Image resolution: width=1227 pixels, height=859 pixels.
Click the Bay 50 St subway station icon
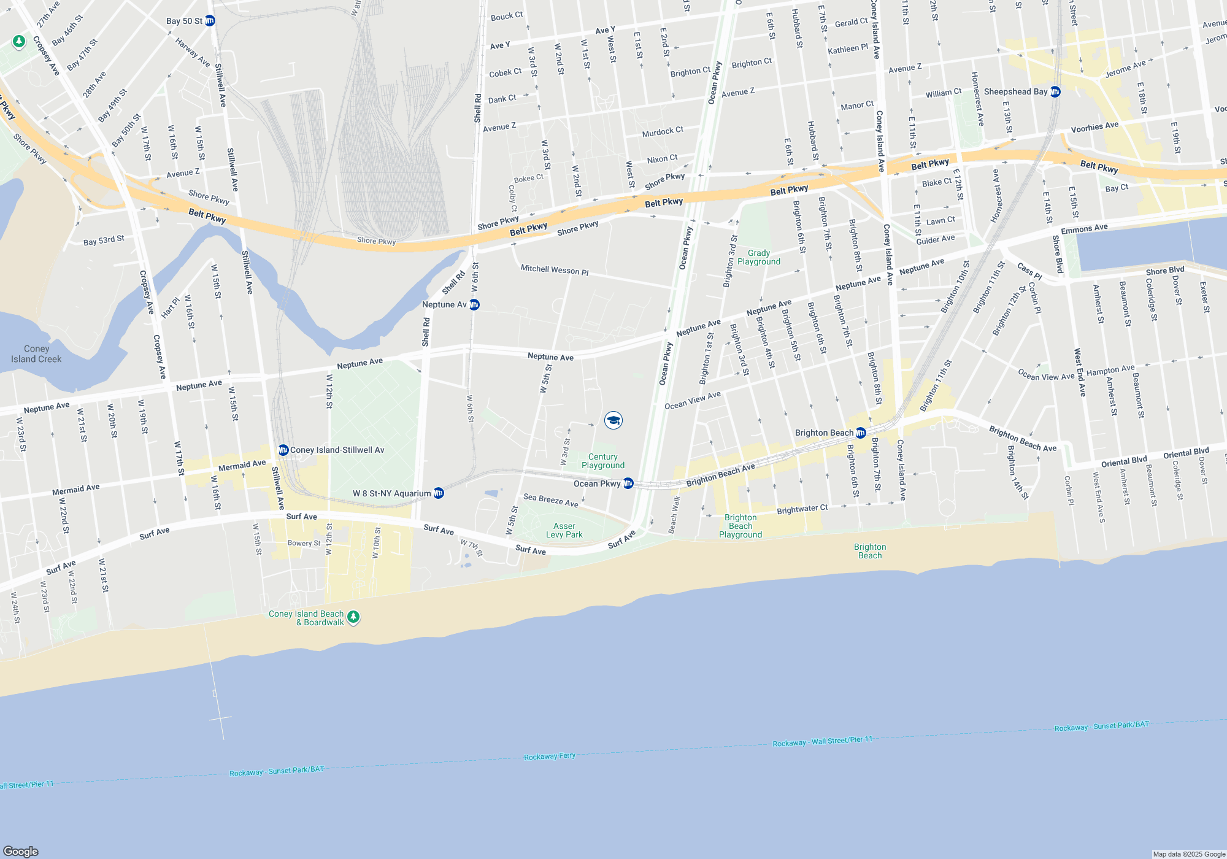[210, 21]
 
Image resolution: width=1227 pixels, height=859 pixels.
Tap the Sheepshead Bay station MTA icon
[1055, 92]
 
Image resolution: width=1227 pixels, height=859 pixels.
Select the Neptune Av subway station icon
[474, 305]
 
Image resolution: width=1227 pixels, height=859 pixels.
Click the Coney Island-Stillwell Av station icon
[283, 450]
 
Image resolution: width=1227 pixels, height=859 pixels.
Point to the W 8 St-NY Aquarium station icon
[439, 493]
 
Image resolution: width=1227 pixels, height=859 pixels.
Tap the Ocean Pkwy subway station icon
[628, 483]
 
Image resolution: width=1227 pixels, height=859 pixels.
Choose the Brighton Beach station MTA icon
[861, 433]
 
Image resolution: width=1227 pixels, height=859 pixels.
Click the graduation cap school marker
[613, 420]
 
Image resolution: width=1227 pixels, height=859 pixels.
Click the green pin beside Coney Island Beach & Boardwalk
[353, 617]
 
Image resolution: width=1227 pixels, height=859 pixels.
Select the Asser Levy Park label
[564, 531]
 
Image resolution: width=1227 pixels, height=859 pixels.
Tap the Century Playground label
[603, 461]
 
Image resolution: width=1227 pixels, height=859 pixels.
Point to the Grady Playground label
[759, 258]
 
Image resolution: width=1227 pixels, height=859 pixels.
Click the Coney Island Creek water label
[36, 354]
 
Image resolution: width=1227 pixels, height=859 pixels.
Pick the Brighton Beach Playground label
[740, 526]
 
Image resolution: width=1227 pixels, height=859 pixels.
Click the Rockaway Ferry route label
[550, 757]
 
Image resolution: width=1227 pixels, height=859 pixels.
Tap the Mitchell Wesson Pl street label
[555, 270]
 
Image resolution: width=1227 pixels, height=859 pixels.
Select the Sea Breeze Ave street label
[550, 501]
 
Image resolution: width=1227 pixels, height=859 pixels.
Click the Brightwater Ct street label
[802, 509]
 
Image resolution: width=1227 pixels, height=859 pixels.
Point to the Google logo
[21, 852]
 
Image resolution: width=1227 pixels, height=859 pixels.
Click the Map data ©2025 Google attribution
[1189, 854]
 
